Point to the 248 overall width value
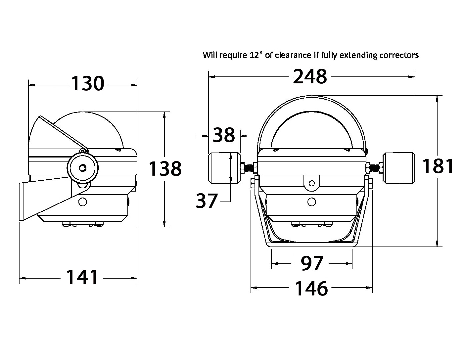click(x=310, y=76)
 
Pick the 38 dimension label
click(x=224, y=135)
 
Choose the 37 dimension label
click(x=207, y=201)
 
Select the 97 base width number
click(x=312, y=263)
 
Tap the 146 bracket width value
click(x=311, y=288)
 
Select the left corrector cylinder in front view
click(x=225, y=168)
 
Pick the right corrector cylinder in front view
click(x=399, y=168)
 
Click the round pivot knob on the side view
click(x=83, y=168)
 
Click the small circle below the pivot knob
click(x=83, y=202)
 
